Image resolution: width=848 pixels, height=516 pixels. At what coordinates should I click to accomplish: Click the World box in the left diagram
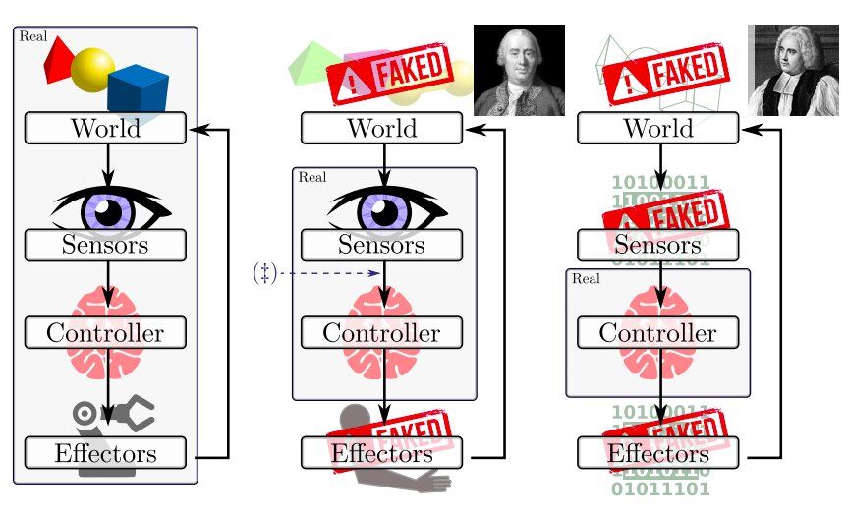105,128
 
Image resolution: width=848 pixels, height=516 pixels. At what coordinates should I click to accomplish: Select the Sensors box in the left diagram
105,245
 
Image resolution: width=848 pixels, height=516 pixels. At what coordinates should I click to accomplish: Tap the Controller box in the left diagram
105,332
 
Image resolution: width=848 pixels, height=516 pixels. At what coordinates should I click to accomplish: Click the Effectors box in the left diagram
105,453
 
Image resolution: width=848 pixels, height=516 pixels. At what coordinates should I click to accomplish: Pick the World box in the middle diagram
381,128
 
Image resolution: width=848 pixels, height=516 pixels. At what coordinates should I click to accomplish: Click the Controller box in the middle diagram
381,332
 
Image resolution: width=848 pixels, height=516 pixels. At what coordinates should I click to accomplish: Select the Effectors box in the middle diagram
381,453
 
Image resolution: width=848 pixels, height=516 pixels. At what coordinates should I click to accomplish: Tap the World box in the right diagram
657,128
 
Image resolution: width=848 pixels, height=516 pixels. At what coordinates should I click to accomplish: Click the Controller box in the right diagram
657,332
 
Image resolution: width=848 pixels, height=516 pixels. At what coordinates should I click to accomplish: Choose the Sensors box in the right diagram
657,245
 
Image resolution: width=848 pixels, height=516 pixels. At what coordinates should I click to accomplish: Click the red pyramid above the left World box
60,62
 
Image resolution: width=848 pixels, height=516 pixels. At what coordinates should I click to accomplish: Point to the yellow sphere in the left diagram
94,70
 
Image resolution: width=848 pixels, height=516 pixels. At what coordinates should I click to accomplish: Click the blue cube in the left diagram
138,89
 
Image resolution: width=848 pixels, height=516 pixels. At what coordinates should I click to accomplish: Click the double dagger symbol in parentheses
264,273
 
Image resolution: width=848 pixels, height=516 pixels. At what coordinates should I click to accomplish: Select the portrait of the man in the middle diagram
519,70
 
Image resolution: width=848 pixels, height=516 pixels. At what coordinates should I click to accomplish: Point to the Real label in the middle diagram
311,178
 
